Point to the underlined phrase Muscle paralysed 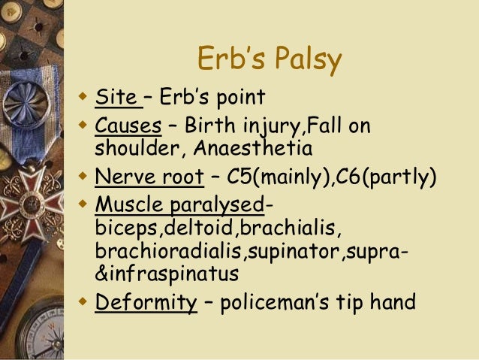[x=179, y=205]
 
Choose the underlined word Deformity [x=144, y=303]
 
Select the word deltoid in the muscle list [x=191, y=228]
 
